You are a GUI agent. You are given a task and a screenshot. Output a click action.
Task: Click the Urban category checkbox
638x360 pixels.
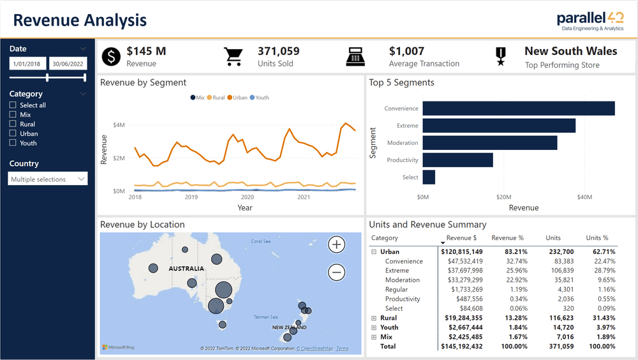coord(13,133)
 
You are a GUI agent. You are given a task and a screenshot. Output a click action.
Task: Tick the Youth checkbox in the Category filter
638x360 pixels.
coord(13,143)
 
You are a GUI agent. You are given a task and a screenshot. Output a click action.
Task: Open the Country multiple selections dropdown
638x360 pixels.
coord(48,179)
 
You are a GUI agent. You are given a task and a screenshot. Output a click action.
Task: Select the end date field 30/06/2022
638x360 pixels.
coord(68,63)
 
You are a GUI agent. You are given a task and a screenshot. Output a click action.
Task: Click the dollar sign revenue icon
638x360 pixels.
coord(112,57)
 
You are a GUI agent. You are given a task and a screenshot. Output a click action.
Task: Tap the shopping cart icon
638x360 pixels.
coord(234,57)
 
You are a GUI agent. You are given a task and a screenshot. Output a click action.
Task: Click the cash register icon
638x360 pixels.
coord(356,57)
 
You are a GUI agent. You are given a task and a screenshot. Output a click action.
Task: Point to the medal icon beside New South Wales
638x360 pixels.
coord(501,57)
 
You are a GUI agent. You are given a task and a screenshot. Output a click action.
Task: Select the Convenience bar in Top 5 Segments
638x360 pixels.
coord(518,109)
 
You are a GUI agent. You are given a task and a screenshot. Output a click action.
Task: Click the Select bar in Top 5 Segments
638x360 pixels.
coord(429,177)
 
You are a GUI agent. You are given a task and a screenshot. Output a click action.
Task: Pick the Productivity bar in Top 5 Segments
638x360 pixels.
coord(457,160)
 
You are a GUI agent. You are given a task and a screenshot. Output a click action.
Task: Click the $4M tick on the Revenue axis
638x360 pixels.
coord(119,124)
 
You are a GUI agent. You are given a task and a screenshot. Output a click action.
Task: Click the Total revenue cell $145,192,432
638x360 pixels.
coord(461,347)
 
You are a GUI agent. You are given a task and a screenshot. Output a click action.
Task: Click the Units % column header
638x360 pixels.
coord(597,238)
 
